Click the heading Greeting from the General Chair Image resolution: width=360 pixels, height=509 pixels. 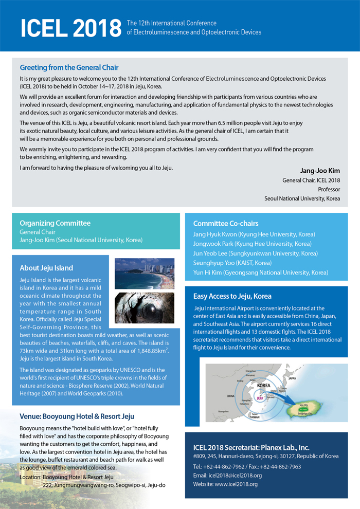coord(69,67)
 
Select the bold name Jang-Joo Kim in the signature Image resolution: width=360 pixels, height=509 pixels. coord(320,171)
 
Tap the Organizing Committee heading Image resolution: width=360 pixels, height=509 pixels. coord(55,223)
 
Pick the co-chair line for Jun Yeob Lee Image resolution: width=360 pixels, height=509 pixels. coord(255,253)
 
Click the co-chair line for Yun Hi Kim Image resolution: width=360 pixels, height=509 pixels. coord(260,272)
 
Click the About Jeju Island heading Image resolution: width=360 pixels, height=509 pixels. coord(46,268)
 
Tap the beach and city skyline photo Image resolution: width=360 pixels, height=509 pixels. coord(145,274)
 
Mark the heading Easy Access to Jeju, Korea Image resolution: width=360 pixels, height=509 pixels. coord(232,297)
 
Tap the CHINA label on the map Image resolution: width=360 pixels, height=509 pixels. coord(230,396)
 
